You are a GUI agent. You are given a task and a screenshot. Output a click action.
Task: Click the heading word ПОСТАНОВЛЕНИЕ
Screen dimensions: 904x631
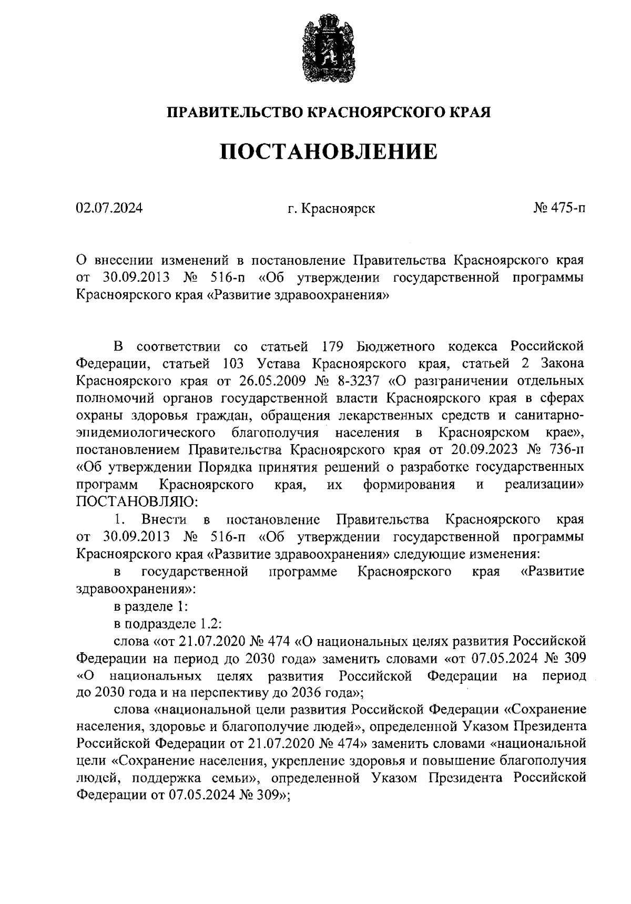point(328,151)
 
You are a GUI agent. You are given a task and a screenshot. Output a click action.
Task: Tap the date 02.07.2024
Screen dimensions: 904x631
point(109,209)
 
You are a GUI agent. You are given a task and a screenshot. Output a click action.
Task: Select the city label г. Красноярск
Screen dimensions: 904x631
point(331,209)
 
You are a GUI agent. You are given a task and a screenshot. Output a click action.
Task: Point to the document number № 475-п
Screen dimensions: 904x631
point(559,209)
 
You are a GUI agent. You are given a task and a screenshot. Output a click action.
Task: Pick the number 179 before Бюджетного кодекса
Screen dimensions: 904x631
point(331,346)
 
